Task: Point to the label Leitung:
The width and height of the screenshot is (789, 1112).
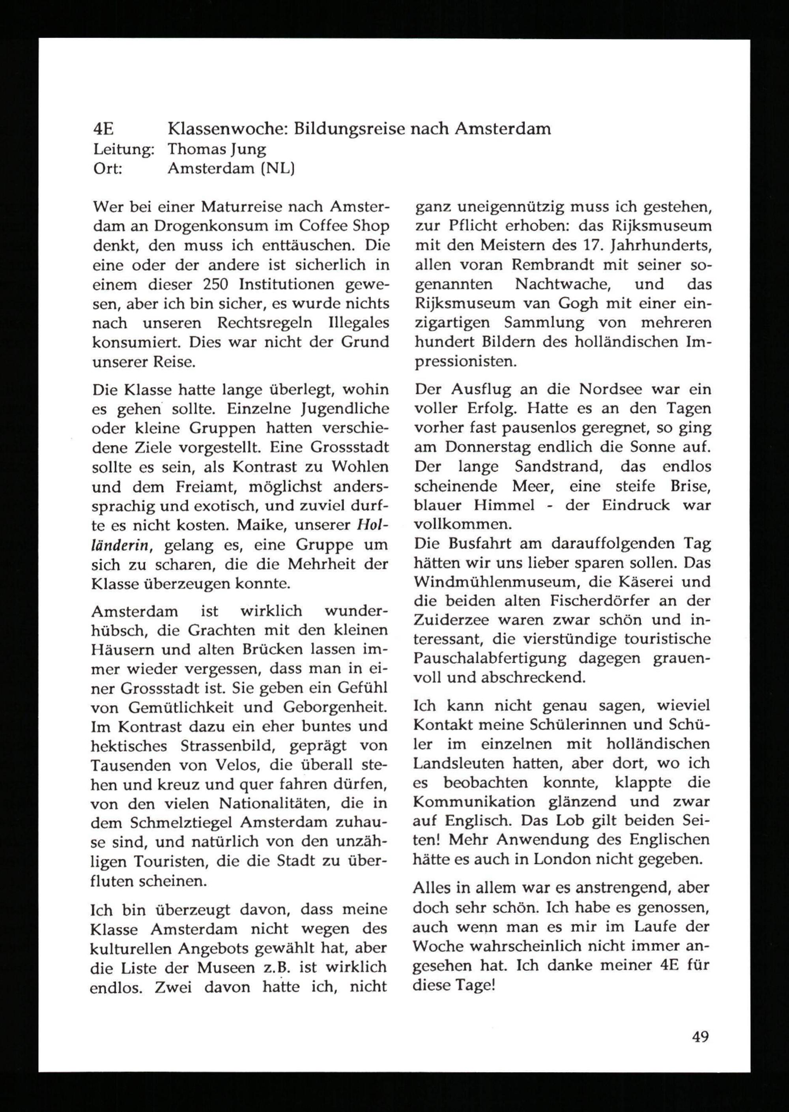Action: [x=123, y=149]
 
